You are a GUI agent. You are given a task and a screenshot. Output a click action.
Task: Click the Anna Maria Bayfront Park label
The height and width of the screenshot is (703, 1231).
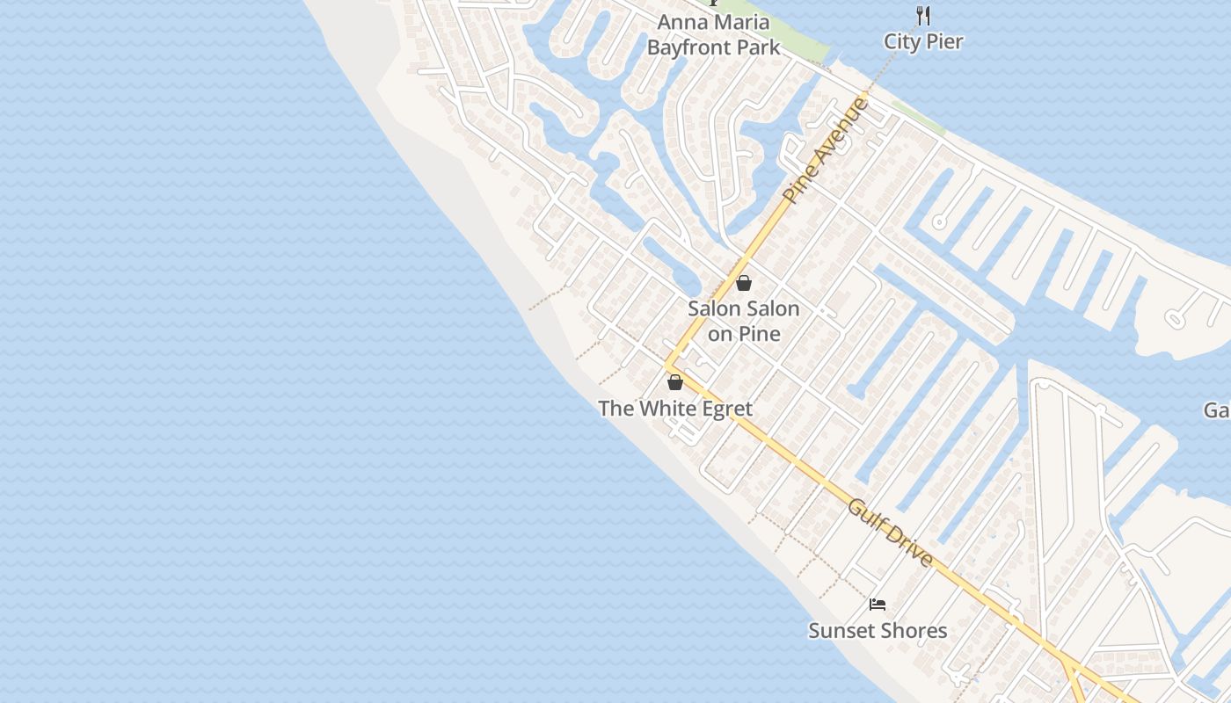point(713,35)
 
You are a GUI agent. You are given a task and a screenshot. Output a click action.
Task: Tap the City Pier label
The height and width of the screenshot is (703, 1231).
point(923,41)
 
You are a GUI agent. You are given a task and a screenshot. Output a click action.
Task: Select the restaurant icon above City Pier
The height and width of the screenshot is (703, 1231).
point(923,15)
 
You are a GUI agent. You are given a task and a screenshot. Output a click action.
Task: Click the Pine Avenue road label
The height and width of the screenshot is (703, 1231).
point(826,150)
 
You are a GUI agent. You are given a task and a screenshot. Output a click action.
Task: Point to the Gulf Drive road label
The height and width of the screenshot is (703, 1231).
point(890,533)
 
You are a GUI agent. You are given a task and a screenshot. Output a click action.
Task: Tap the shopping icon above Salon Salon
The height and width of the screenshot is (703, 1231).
point(744,283)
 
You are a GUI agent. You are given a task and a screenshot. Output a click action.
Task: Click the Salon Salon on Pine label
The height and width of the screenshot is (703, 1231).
point(744,321)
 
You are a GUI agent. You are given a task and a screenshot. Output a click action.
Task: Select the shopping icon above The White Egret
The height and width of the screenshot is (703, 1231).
point(675,382)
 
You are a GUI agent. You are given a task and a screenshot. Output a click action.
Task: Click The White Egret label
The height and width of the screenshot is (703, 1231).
point(675,409)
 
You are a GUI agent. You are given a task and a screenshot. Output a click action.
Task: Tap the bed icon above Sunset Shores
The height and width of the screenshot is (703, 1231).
point(877,605)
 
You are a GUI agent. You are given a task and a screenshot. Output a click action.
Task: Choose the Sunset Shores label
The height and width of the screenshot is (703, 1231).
point(878,631)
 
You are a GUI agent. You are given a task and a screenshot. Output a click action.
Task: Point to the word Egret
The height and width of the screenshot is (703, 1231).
point(726,409)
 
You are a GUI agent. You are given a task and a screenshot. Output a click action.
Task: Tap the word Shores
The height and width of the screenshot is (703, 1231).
point(914,631)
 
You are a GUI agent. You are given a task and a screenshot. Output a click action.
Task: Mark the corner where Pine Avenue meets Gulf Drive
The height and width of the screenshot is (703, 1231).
point(668,364)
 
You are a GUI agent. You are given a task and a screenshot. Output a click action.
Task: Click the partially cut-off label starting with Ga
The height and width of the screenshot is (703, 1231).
point(1217,410)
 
